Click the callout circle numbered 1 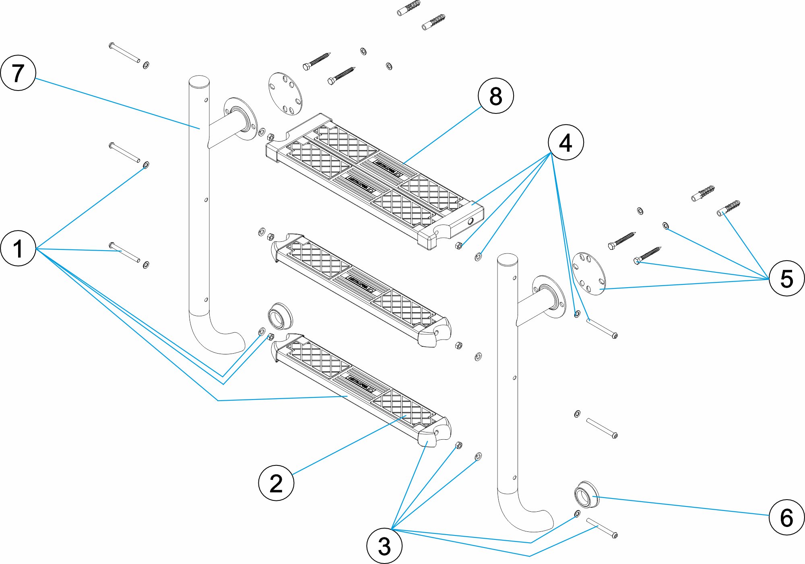pos(18,248)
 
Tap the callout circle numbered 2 pos(276,482)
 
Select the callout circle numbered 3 pos(384,546)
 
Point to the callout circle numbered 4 pos(566,142)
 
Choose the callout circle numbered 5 pos(786,278)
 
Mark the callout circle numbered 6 pos(786,517)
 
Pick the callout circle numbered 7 pos(18,73)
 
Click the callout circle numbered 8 pos(495,96)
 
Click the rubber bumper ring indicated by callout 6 pos(586,494)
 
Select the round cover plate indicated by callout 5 pos(588,274)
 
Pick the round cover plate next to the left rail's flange pos(285,93)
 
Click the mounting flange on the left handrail pos(241,118)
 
